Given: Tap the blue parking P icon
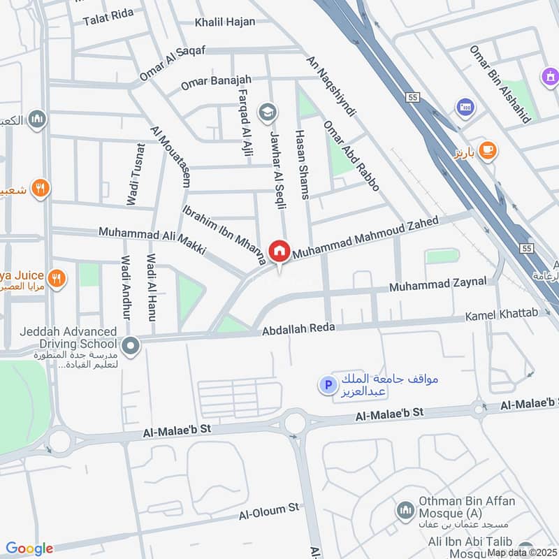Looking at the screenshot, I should pos(326,384).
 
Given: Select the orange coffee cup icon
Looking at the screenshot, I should pos(487,151).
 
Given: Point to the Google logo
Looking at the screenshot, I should pos(29,549).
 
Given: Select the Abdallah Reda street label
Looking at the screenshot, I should pos(298,328).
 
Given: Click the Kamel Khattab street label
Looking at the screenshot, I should pos(502,314).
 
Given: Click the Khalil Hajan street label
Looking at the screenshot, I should pos(225,22).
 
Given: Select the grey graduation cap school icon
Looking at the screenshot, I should pos(267,111).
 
